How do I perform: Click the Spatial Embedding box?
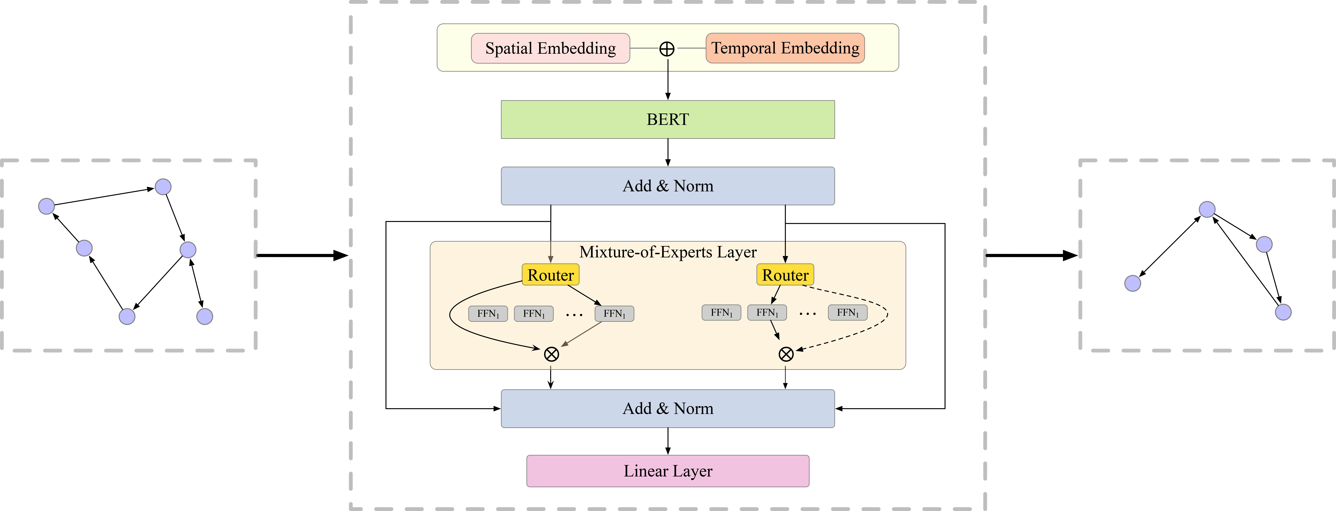pyautogui.click(x=550, y=48)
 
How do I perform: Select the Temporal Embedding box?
pyautogui.click(x=785, y=48)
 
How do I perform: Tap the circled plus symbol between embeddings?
pyautogui.click(x=667, y=49)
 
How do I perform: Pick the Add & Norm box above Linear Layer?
pyautogui.click(x=667, y=408)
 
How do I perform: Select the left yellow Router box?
pyautogui.click(x=550, y=275)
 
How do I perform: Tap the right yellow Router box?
pyautogui.click(x=785, y=275)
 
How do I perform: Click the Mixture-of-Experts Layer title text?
pyautogui.click(x=667, y=252)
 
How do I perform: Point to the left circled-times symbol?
pyautogui.click(x=551, y=354)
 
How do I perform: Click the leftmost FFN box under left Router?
pyautogui.click(x=488, y=314)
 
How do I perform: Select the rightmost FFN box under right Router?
pyautogui.click(x=847, y=312)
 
